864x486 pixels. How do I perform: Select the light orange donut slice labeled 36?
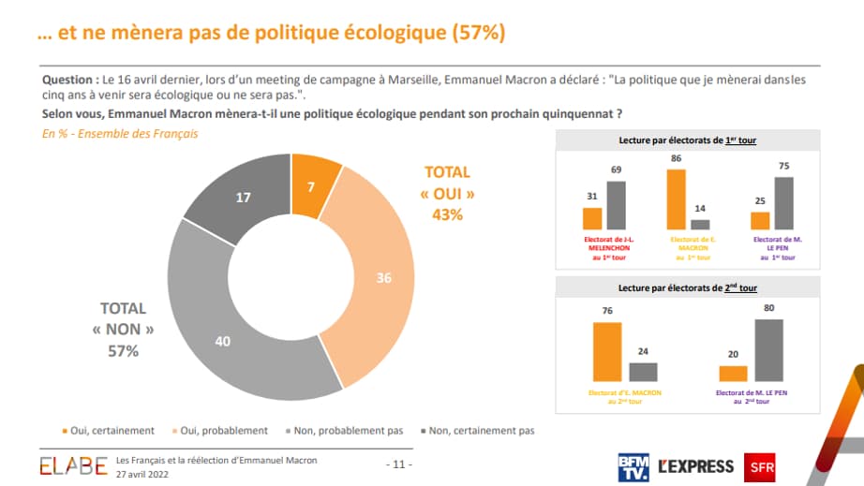pos(379,278)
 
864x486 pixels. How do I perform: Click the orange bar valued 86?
pos(676,199)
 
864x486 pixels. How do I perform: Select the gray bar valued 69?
pos(616,205)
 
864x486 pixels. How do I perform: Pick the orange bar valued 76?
pos(607,352)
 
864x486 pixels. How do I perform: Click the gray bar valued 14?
pos(700,225)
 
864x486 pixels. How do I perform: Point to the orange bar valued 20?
pos(734,373)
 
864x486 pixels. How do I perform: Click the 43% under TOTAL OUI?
pos(448,214)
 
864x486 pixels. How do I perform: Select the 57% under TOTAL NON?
pos(123,350)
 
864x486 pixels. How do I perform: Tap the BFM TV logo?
pos(633,465)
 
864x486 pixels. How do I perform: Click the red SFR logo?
pos(758,465)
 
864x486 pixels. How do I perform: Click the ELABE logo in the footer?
pos(73,465)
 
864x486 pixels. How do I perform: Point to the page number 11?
pos(399,464)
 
